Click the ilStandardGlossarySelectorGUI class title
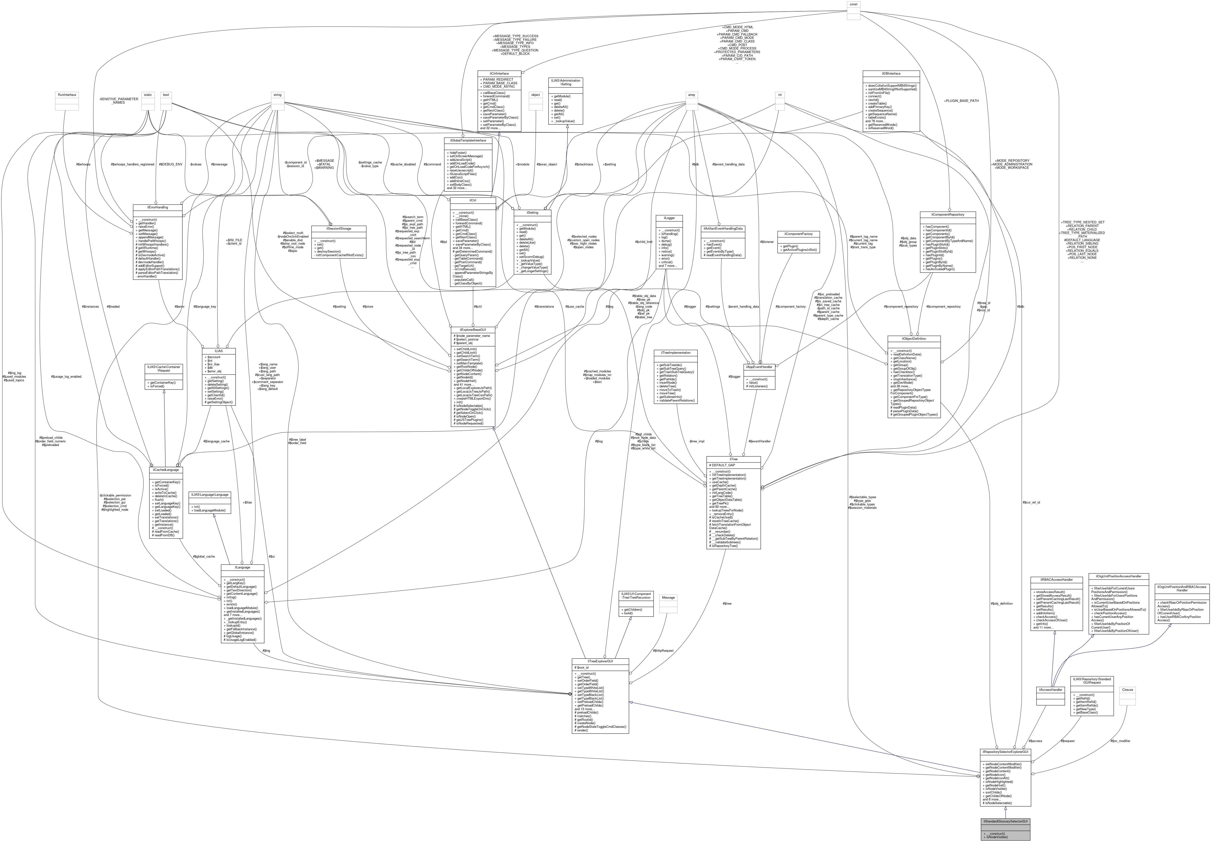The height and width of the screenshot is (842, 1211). click(x=1005, y=821)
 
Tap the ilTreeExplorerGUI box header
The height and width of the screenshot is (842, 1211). click(x=600, y=661)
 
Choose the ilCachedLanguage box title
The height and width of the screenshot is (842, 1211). click(x=166, y=470)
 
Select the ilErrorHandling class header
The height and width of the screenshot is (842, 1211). click(x=158, y=207)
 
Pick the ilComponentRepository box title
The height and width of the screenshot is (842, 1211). click(x=947, y=215)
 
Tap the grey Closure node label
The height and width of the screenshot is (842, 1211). click(x=1127, y=690)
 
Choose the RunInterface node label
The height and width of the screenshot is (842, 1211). click(x=66, y=95)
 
